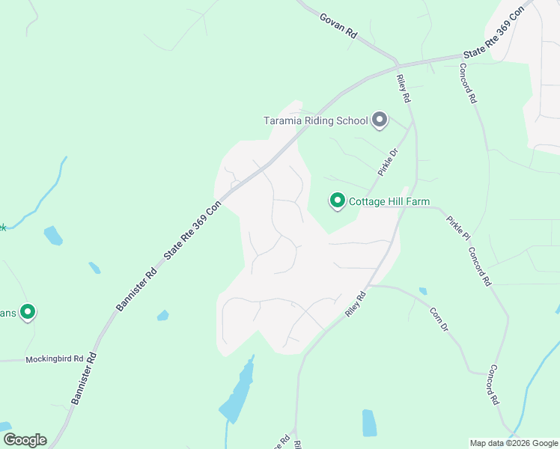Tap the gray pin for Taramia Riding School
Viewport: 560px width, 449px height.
point(380,120)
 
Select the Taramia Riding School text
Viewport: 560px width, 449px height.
point(315,120)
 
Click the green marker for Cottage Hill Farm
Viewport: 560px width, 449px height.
point(338,201)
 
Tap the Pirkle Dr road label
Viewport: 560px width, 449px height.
point(387,161)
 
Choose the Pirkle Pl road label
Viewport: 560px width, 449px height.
point(458,227)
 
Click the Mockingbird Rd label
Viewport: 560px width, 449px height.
point(54,359)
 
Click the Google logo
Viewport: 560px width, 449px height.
point(25,439)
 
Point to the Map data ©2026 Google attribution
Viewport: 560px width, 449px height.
point(514,443)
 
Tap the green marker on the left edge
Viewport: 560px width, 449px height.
point(28,312)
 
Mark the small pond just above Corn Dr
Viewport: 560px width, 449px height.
point(423,291)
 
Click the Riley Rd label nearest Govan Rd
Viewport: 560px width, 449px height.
point(404,88)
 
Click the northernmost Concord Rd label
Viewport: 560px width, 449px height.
point(468,83)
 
